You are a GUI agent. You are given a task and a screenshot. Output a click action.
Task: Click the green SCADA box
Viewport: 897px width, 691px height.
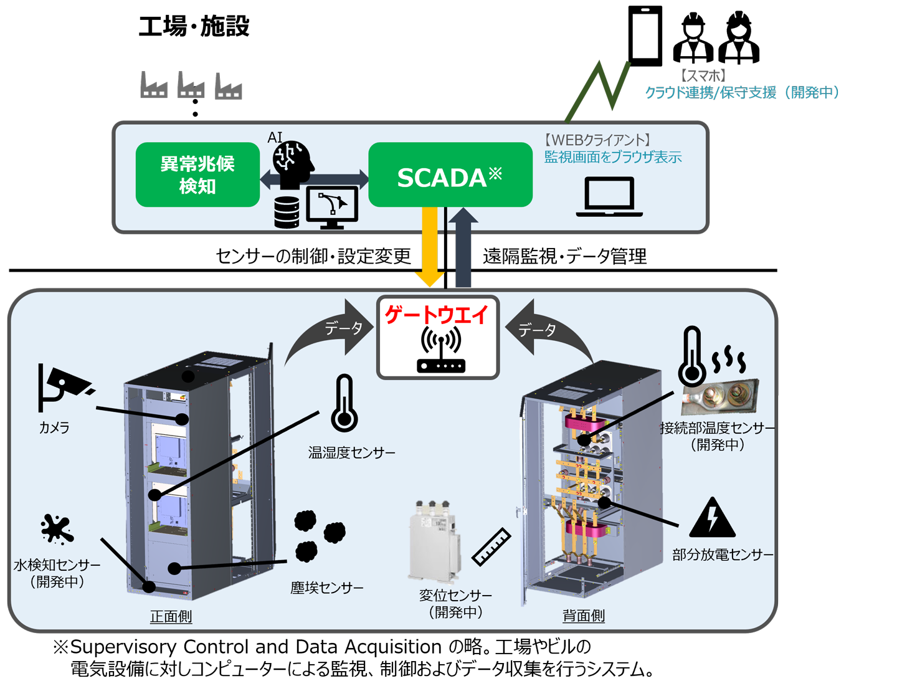click(x=450, y=175)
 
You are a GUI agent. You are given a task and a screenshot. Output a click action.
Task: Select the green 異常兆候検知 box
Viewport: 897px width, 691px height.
click(x=197, y=174)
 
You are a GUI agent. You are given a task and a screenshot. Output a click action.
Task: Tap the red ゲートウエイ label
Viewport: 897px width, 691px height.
click(x=437, y=315)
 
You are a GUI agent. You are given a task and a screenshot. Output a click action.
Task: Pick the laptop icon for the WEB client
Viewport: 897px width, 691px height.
click(x=609, y=196)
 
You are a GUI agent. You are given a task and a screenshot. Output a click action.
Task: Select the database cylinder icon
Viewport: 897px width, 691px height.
click(x=287, y=212)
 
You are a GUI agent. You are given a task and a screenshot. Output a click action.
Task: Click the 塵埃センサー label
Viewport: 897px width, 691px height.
click(x=327, y=588)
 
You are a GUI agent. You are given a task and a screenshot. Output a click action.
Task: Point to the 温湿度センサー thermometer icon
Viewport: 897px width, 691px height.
click(x=344, y=404)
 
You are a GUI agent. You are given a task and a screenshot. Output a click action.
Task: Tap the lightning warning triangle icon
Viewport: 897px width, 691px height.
click(x=713, y=518)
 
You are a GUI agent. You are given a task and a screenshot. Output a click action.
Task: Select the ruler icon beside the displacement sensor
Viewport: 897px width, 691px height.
click(x=491, y=546)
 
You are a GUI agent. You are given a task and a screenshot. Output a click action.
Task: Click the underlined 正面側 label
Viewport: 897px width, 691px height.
click(x=171, y=617)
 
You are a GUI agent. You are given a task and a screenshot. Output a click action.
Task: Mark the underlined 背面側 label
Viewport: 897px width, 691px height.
click(x=584, y=616)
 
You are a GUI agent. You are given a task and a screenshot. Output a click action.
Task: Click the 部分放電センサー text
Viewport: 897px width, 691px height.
click(x=723, y=555)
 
